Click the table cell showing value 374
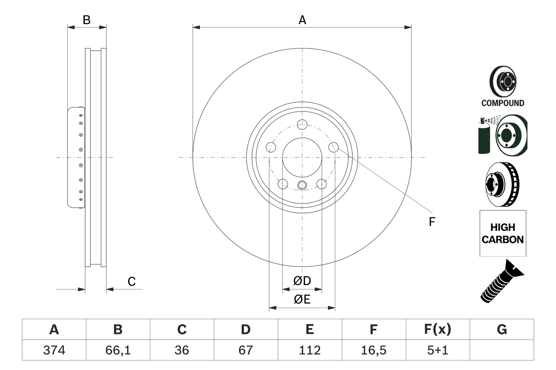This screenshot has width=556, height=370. coord(54,350)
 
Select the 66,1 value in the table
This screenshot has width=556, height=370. coord(118,350)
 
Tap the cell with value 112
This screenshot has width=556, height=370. coord(309,350)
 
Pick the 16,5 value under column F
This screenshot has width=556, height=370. coord(373,350)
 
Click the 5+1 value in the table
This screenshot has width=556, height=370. coord(437,350)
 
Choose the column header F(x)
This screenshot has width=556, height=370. coord(437,330)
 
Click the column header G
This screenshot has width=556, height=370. coord(502,330)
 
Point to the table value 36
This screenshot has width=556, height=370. coord(182,350)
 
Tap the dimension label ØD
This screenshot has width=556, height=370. coord(302,281)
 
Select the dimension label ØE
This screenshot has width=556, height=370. coord(302,300)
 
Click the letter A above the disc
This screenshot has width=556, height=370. coord(302,20)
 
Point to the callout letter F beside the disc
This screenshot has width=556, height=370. coord(432,222)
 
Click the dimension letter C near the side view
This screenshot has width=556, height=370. coord(132,282)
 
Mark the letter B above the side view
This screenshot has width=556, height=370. coord(87,20)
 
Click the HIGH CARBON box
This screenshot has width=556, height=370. coord(503,233)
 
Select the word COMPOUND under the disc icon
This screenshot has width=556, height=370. coord(503,103)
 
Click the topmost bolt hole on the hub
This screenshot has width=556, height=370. coord(302,124)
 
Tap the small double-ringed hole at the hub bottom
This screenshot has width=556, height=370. coord(302,186)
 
